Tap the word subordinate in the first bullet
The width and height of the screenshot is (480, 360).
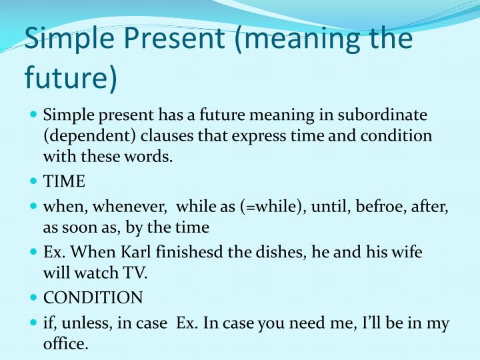(385, 115)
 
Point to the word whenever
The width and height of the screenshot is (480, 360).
(127, 206)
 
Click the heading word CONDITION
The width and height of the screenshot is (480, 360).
(93, 297)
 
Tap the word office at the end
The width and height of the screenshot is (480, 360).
(65, 345)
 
